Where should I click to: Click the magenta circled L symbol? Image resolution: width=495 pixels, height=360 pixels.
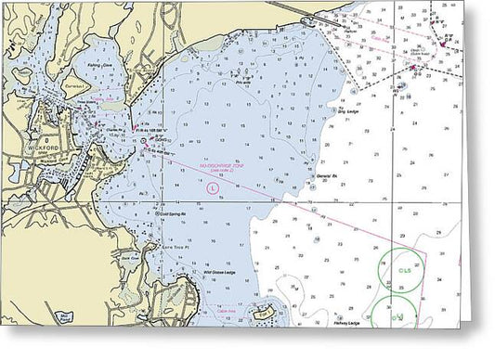[x=215, y=187]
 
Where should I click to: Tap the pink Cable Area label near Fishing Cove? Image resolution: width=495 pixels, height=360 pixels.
[x=111, y=96]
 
